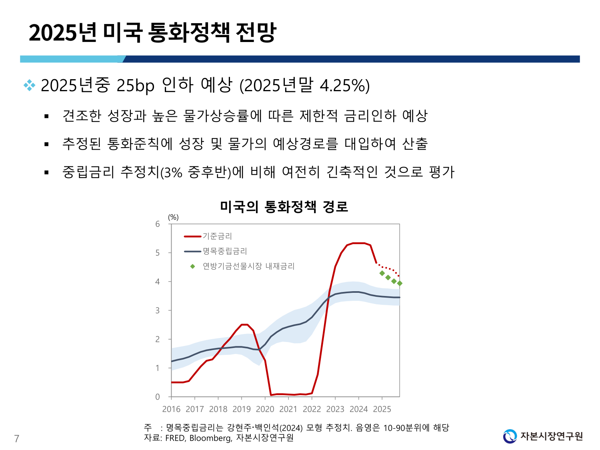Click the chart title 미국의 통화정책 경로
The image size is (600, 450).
coord(284,207)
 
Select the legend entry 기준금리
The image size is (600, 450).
coord(217,236)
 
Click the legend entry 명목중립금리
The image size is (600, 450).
coord(225,251)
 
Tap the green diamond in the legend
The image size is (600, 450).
coord(192,266)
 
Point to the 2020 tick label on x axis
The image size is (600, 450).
coord(265,409)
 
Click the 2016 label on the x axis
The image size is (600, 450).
coord(171,409)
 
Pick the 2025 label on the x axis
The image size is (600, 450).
coord(382,409)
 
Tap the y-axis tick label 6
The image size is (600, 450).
coord(158,224)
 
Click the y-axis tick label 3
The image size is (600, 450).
coord(158,310)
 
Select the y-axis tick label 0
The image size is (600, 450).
coord(158,397)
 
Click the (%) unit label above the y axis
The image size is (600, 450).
coord(173,217)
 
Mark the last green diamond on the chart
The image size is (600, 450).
coord(400,283)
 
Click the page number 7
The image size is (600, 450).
coord(16,439)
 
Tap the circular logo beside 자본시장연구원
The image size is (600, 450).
coord(510,436)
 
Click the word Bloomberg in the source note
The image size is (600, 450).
coord(210,438)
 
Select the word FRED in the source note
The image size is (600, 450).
coord(175,438)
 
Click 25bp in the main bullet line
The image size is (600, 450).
coord(135,85)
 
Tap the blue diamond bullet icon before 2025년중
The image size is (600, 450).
coord(30,85)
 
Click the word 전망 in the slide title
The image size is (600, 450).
coord(256,32)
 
